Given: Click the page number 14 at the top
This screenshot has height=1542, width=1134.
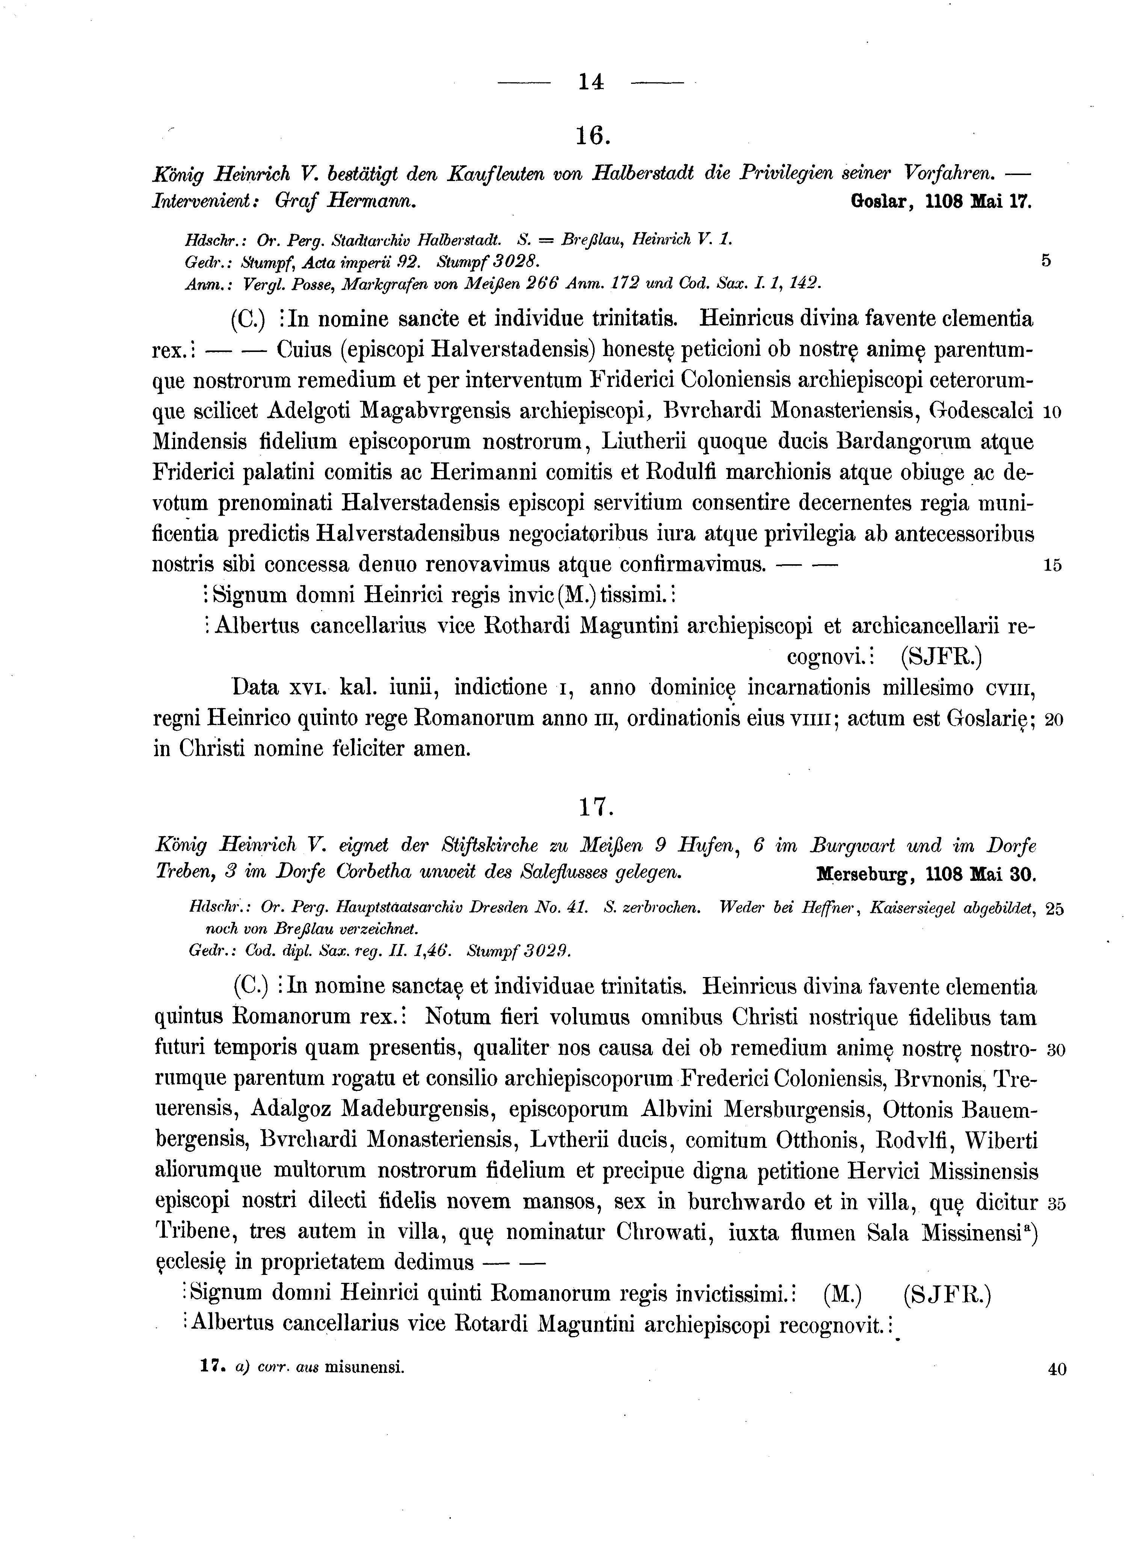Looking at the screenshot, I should click(591, 82).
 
